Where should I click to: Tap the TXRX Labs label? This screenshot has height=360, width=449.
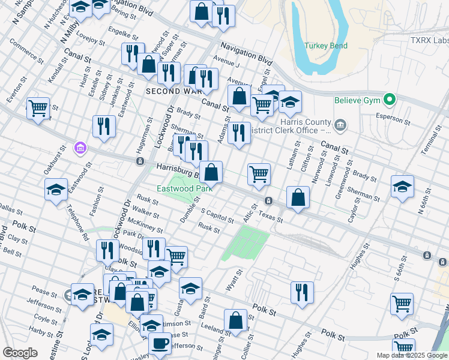(429, 40)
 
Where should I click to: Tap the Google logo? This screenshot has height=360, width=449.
(20, 353)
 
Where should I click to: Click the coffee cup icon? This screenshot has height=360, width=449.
(160, 343)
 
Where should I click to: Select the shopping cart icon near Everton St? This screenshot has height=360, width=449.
(38, 108)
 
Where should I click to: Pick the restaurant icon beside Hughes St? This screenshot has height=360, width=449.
(302, 292)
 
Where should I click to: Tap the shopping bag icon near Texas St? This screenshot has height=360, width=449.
(298, 197)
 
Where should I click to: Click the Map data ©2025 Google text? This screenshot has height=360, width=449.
(411, 355)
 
